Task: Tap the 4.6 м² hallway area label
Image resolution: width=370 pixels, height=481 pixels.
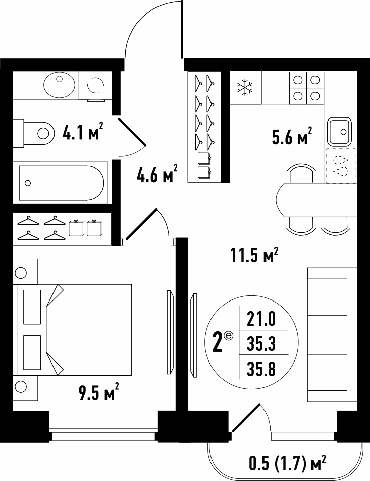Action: click(x=157, y=173)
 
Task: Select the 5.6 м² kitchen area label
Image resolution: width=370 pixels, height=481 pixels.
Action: click(x=292, y=135)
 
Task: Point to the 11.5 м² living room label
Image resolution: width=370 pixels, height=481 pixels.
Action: click(x=254, y=255)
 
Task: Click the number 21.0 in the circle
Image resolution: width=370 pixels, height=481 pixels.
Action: click(x=261, y=319)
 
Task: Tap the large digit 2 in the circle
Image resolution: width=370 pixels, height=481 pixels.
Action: click(x=218, y=342)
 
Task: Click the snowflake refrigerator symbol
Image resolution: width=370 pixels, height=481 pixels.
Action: click(x=245, y=87)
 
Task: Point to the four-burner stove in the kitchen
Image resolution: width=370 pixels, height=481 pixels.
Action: click(x=306, y=88)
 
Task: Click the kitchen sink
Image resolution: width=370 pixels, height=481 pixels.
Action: click(x=339, y=131)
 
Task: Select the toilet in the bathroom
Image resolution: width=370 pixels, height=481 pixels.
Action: click(x=33, y=134)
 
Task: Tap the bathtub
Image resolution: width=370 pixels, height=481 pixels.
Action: click(x=60, y=183)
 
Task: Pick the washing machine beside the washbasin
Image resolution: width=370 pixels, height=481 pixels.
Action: click(x=95, y=86)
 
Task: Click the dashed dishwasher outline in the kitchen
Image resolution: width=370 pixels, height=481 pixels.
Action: click(x=341, y=166)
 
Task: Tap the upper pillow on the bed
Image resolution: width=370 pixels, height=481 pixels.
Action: click(x=32, y=307)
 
